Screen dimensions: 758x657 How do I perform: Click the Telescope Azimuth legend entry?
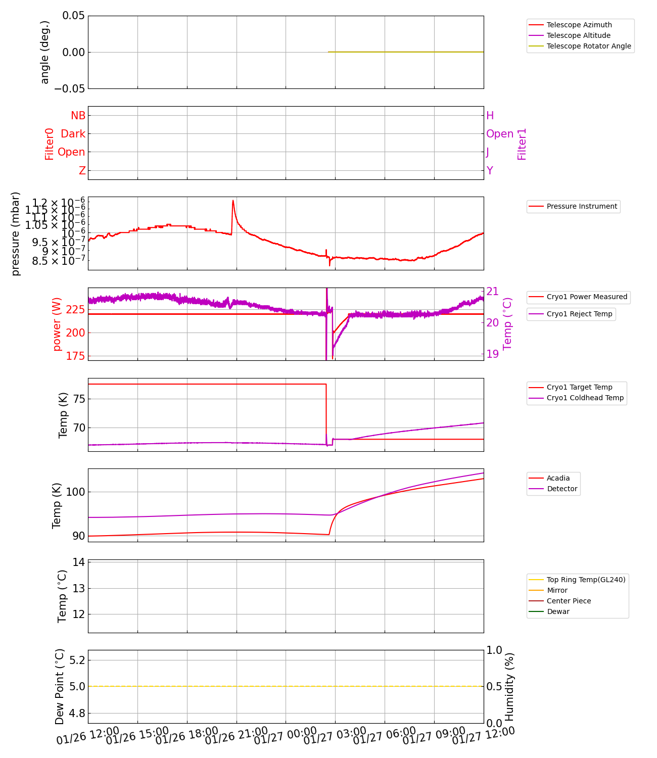[x=579, y=25]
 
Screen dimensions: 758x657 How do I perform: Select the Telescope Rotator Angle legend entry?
[x=589, y=46]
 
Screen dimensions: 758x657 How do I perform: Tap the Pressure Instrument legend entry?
[x=582, y=206]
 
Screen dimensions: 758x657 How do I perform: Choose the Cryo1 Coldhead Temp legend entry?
[x=585, y=398]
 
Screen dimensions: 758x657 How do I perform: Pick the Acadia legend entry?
[x=558, y=478]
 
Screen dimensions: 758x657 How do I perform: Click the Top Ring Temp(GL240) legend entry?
[x=586, y=580]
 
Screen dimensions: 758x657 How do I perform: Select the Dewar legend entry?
[x=558, y=611]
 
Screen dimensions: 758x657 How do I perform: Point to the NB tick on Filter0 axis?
[x=78, y=116]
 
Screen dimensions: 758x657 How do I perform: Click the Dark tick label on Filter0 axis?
[x=73, y=134]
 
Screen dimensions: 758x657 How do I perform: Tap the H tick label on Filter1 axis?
[x=490, y=116]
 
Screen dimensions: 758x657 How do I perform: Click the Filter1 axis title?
[x=522, y=144]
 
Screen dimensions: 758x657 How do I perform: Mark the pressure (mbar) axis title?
[x=16, y=233]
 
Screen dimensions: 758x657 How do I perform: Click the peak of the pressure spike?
[x=233, y=201]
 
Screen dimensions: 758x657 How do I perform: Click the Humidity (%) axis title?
[x=509, y=686]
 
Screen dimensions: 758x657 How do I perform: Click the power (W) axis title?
[x=57, y=324]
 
